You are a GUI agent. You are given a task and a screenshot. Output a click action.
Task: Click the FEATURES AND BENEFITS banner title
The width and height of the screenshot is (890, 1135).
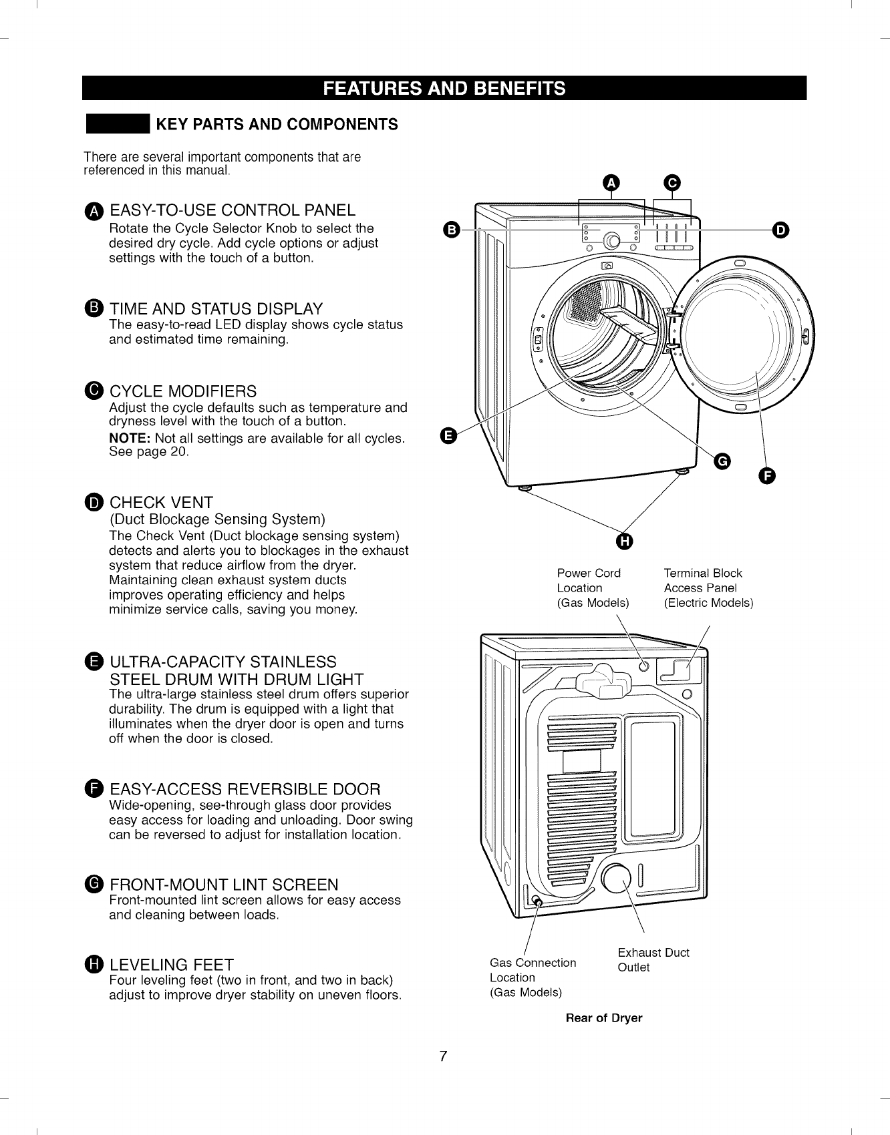(x=444, y=88)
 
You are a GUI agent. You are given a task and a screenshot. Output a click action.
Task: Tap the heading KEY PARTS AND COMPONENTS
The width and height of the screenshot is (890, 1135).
(x=277, y=125)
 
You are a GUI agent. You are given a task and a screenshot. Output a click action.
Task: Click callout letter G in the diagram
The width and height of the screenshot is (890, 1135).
(x=722, y=461)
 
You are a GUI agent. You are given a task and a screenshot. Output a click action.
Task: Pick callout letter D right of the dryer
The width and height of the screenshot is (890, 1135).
(x=780, y=230)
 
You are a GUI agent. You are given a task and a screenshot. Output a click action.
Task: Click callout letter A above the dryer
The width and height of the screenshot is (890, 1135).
(x=611, y=182)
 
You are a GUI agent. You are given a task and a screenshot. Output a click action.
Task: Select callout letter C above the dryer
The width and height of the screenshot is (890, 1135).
(x=672, y=182)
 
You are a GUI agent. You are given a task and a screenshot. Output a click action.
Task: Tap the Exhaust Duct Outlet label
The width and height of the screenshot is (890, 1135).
(x=653, y=960)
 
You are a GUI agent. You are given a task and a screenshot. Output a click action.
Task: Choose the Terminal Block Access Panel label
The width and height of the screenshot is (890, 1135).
(x=708, y=588)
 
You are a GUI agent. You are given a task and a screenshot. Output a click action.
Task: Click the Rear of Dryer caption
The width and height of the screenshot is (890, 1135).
(x=603, y=1018)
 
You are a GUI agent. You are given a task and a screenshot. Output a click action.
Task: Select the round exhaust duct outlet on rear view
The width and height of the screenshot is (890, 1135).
(x=617, y=879)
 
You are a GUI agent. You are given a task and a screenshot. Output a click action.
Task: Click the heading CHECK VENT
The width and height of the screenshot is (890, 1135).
(x=161, y=503)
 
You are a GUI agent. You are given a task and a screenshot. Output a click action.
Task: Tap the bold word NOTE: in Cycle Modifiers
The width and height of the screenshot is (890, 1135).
(x=130, y=439)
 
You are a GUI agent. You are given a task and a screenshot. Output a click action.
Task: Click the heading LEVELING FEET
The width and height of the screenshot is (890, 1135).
(x=172, y=965)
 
